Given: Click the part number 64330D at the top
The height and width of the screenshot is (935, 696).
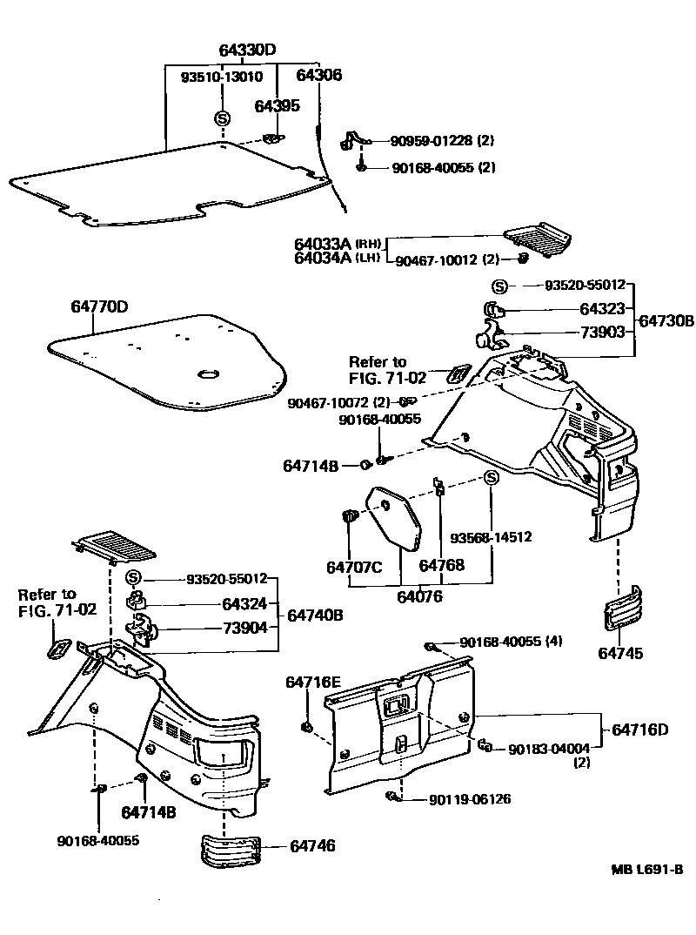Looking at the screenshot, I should pyautogui.click(x=247, y=50).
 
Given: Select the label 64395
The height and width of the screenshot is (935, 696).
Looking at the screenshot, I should pyautogui.click(x=277, y=105).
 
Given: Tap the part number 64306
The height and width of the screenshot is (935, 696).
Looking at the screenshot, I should pyautogui.click(x=318, y=76).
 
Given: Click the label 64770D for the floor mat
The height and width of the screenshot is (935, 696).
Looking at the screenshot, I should pyautogui.click(x=99, y=307).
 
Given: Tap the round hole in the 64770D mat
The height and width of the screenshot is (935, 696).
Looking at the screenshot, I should pyautogui.click(x=209, y=374).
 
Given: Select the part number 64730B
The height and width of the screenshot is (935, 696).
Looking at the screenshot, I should pyautogui.click(x=666, y=321).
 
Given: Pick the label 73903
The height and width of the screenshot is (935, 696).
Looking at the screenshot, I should pyautogui.click(x=603, y=333).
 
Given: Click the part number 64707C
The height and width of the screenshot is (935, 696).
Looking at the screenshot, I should pyautogui.click(x=354, y=568).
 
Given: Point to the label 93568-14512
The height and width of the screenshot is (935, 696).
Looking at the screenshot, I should pyautogui.click(x=491, y=537).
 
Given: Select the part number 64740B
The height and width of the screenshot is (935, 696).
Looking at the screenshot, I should pyautogui.click(x=315, y=615).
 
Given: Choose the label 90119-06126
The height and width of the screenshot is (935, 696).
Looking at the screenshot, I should pyautogui.click(x=469, y=799).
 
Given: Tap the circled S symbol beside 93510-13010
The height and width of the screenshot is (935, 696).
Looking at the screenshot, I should pyautogui.click(x=222, y=118).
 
